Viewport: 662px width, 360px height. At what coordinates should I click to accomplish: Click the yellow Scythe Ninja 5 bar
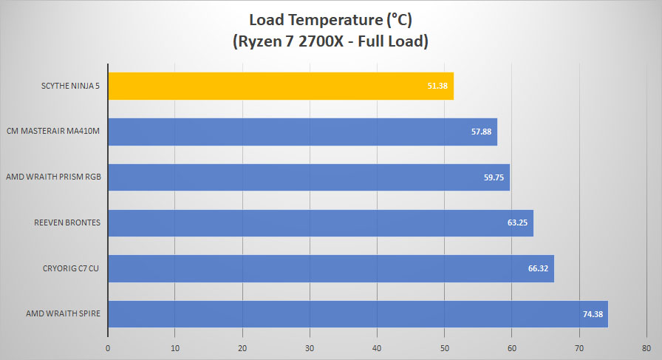coord(281,86)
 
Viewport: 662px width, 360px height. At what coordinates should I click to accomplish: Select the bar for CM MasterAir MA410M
coord(303,132)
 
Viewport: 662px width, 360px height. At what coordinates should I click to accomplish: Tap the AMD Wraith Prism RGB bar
coord(309,177)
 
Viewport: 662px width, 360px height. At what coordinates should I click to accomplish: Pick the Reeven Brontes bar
coord(321,223)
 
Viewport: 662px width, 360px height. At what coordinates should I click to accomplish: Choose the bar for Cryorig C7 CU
coord(331,269)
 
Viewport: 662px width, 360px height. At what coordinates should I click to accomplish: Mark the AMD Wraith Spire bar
coord(358,314)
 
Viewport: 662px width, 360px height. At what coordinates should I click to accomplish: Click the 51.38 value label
coord(437,86)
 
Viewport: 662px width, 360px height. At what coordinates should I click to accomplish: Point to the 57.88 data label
coord(481,132)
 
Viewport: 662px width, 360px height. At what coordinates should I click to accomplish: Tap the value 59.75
coord(494,177)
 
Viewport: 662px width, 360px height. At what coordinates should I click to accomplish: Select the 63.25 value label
coord(518,223)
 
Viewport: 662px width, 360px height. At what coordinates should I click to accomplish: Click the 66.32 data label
coord(539,268)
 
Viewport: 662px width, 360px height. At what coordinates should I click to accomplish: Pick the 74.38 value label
coord(593,314)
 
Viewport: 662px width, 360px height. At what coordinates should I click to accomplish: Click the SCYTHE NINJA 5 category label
coord(70,86)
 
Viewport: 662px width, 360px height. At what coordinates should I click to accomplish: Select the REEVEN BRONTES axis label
coord(67,223)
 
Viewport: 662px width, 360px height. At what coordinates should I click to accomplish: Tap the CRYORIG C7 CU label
coord(70,268)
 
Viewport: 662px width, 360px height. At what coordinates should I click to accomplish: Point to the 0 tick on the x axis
coord(108,349)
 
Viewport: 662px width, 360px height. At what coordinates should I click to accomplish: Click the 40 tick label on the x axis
coord(377,349)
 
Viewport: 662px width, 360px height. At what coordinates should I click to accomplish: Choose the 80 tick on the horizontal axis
coord(646,349)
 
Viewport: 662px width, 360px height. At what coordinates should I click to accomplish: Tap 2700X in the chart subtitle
coord(321,41)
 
